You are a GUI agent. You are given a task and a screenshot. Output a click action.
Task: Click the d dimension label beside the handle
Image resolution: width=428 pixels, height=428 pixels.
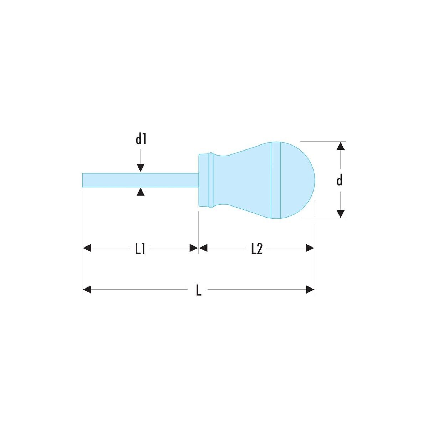pos(339,180)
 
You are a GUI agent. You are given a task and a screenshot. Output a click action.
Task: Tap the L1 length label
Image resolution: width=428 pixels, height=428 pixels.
pos(140,248)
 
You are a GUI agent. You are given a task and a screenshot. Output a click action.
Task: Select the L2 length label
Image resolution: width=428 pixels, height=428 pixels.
pos(256,248)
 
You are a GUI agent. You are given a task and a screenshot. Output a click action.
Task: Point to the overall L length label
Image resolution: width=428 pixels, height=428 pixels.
pos(199,290)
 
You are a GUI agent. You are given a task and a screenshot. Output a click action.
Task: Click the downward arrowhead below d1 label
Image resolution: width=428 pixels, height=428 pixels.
pos(141,168)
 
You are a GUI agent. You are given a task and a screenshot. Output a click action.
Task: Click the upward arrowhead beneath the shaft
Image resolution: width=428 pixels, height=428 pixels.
pos(141,192)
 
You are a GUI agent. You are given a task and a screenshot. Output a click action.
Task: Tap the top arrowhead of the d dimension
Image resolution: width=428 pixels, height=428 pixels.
pos(341,146)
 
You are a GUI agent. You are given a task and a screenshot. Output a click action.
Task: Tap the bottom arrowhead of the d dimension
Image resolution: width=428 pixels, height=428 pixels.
pos(341,214)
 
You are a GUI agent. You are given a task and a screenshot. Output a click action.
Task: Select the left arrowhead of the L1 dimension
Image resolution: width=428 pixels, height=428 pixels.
pos(87,248)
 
